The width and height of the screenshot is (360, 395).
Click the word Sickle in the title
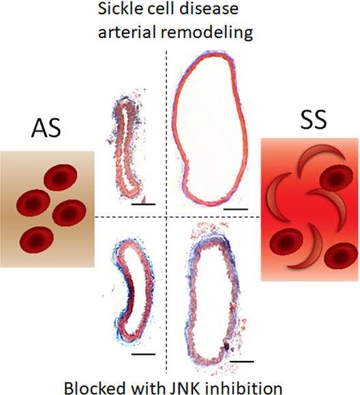pyautogui.click(x=115, y=8)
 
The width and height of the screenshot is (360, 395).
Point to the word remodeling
pyautogui.click(x=207, y=33)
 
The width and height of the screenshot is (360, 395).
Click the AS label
pyautogui.click(x=46, y=128)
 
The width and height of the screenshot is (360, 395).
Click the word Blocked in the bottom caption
pyautogui.click(x=95, y=388)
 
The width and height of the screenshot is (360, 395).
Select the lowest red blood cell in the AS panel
pyautogui.click(x=36, y=239)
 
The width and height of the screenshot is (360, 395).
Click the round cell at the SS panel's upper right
pyautogui.click(x=336, y=178)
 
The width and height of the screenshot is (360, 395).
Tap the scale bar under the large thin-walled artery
pyautogui.click(x=236, y=209)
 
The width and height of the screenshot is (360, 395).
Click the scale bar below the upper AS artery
pyautogui.click(x=143, y=204)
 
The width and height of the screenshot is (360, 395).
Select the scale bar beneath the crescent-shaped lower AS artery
pyautogui.click(x=143, y=354)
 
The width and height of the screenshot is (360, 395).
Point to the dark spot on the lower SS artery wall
pyautogui.click(x=226, y=347)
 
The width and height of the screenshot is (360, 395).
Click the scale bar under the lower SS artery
pyautogui.click(x=241, y=361)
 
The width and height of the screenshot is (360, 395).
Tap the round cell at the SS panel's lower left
pyautogui.click(x=286, y=242)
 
